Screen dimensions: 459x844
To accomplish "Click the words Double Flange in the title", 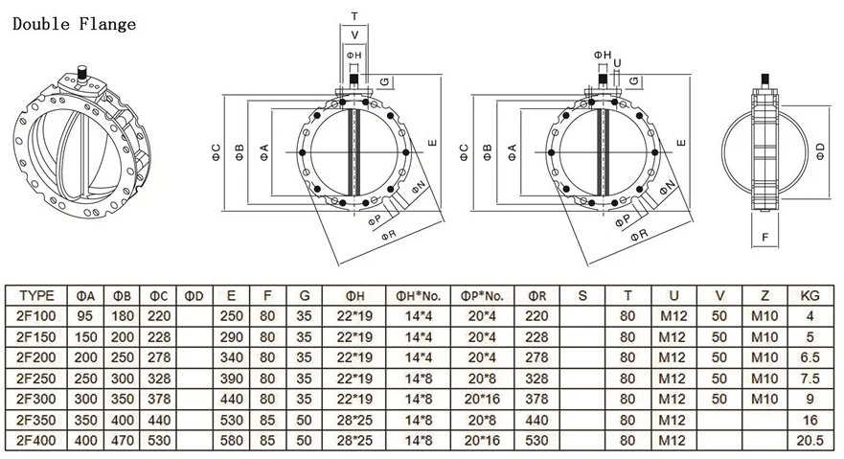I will [x=73, y=23].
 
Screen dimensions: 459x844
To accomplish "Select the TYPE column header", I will [x=36, y=295].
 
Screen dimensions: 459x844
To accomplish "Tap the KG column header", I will [x=810, y=295].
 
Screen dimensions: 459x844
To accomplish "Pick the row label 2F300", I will [x=36, y=398].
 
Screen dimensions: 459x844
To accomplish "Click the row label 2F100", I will [x=36, y=315].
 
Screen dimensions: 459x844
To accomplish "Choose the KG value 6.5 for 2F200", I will [x=810, y=356].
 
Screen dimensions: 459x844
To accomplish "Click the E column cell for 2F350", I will [x=232, y=419].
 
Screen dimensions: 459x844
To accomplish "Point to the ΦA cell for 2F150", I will [x=84, y=336].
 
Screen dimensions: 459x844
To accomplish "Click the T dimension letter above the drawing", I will [x=354, y=16].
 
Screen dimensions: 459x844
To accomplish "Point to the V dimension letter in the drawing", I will [x=354, y=35].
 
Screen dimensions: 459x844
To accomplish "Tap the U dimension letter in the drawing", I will [x=617, y=63].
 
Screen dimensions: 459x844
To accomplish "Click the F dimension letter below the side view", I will [x=764, y=236].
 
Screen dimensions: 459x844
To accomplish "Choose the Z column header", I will [x=764, y=295].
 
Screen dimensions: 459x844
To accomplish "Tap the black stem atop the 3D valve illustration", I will [x=83, y=72].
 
